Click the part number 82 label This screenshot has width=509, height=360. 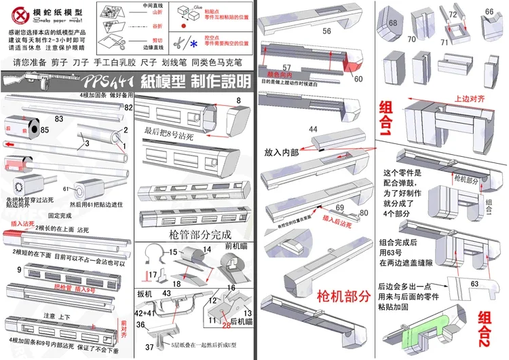coord(128,107)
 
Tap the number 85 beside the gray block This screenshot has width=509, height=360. coord(44,129)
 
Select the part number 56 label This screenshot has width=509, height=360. coord(326,31)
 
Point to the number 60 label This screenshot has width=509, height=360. coord(358,79)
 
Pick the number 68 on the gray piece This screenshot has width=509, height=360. coord(393,23)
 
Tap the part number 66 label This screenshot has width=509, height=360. coord(489,12)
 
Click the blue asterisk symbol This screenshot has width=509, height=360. coord(195,44)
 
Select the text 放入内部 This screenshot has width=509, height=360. coord(284,154)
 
